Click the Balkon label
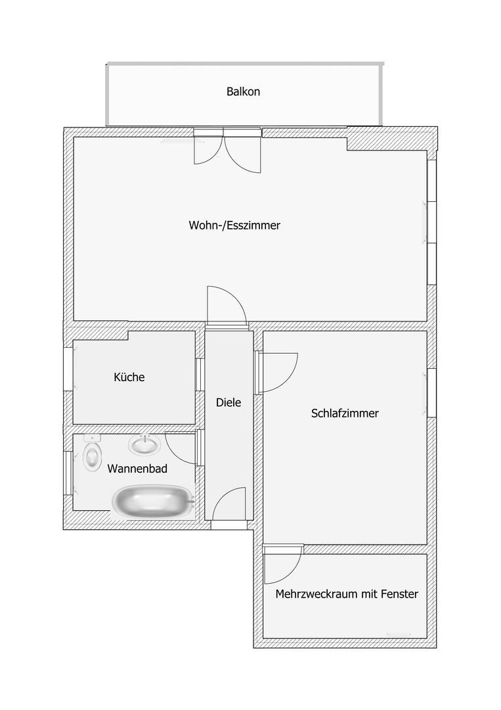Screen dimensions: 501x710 (x=243, y=91)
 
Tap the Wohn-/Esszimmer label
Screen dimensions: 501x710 (x=234, y=225)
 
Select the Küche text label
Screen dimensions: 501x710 (x=129, y=377)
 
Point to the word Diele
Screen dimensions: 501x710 (x=229, y=402)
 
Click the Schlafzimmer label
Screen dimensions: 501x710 (x=345, y=413)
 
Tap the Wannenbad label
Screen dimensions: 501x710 (x=137, y=469)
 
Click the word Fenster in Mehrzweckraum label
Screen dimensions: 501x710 (x=399, y=594)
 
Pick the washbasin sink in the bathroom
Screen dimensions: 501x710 (x=144, y=446)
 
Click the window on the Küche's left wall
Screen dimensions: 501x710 (x=69, y=369)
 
